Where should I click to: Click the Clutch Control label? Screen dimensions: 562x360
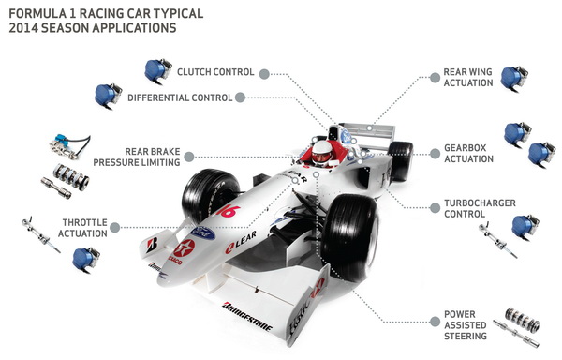tap(215, 72)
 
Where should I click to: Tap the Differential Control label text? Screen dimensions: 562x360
tap(180, 97)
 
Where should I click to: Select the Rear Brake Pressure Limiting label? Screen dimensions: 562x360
tap(137, 157)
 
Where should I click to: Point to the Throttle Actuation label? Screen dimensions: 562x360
tap(82, 228)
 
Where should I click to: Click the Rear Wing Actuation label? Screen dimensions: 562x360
tap(468, 78)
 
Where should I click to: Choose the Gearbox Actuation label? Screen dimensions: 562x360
tap(469, 154)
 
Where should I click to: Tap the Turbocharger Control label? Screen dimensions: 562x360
tap(480, 208)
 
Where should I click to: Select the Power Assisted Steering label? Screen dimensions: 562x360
tap(466, 325)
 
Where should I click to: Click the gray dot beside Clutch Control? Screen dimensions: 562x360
tap(264, 74)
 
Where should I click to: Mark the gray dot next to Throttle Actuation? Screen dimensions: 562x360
tap(115, 227)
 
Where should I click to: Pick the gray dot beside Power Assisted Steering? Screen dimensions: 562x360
tap(435, 322)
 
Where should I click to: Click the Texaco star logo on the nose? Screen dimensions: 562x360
tap(185, 248)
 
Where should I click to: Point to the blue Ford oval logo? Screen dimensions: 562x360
tap(203, 233)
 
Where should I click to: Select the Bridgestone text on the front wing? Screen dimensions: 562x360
tap(247, 317)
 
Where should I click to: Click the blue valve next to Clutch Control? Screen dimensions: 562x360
tap(157, 71)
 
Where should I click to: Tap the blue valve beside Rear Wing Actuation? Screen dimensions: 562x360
tap(513, 79)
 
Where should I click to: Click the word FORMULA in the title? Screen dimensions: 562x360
tap(37, 14)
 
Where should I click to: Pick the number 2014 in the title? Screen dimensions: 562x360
tap(23, 28)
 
